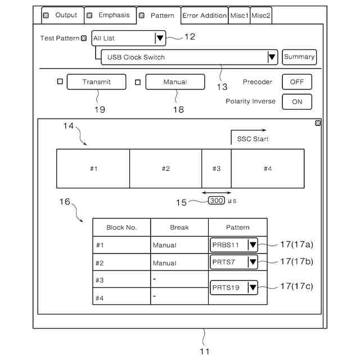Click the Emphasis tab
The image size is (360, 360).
click(x=110, y=15)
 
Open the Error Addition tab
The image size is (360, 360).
click(x=204, y=16)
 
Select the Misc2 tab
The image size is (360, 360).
click(x=261, y=16)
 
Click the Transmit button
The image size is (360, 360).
click(x=96, y=82)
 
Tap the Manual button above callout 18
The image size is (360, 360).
click(x=175, y=82)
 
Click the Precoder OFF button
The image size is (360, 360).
click(x=296, y=82)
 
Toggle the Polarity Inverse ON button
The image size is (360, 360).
click(x=296, y=102)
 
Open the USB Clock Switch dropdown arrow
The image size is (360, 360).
click(x=272, y=57)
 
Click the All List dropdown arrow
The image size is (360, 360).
click(x=160, y=38)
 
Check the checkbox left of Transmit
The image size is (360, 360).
click(x=60, y=82)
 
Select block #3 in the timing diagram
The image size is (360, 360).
click(x=217, y=169)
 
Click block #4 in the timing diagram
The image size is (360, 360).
click(x=268, y=169)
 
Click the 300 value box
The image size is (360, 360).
click(x=217, y=200)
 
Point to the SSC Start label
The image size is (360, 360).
click(x=253, y=139)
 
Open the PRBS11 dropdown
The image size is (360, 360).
click(x=253, y=245)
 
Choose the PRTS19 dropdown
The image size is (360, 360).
click(x=253, y=287)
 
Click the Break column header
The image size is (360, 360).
click(x=179, y=227)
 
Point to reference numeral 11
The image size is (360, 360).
click(x=205, y=352)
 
